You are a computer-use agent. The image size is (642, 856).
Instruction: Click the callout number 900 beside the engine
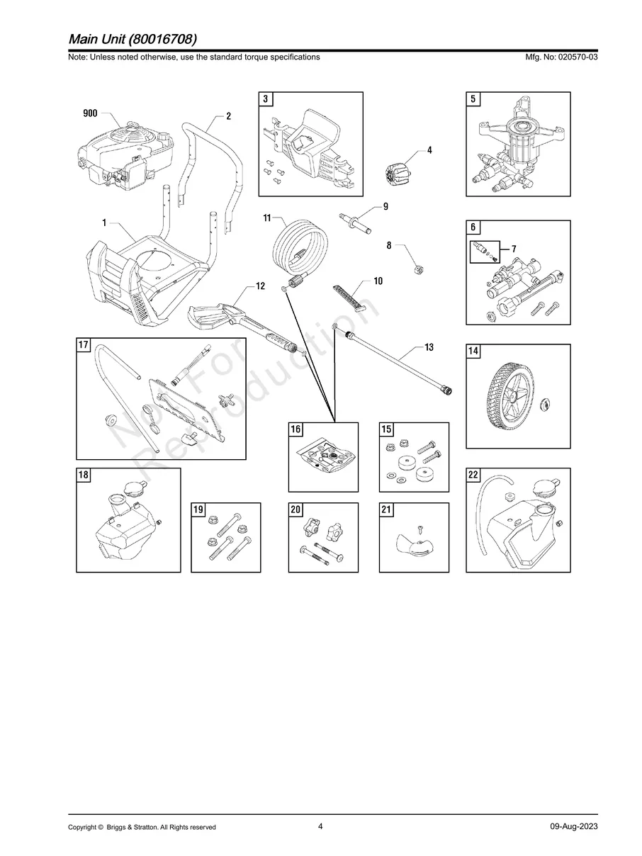click(90, 113)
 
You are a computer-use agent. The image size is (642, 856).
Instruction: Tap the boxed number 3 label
click(265, 100)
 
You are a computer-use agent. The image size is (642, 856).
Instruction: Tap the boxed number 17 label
click(84, 345)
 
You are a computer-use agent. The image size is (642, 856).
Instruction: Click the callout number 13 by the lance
click(429, 347)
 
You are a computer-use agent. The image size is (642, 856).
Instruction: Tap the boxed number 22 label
click(473, 475)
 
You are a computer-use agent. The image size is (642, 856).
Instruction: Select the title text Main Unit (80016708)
click(133, 38)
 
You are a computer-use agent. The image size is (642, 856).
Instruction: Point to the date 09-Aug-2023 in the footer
click(573, 826)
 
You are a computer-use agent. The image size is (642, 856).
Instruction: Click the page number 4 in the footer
click(320, 826)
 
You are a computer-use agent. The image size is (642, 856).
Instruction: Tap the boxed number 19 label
click(198, 510)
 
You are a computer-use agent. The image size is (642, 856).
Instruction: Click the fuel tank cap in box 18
click(133, 488)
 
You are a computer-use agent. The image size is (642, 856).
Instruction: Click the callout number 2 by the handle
click(228, 116)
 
